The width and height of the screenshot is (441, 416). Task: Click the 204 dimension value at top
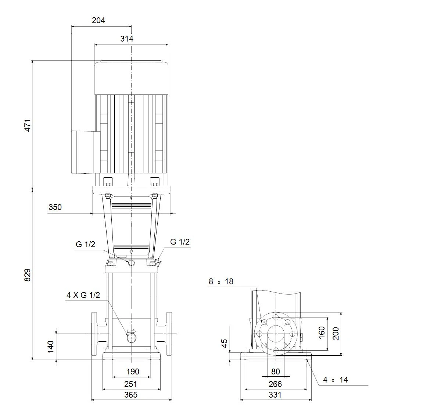pos(98,21)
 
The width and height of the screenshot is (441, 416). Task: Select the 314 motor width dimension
pos(127,39)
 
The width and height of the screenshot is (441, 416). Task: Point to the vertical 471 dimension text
pos(28,125)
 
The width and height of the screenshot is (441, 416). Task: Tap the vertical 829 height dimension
pos(28,275)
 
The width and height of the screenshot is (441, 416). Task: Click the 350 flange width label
pos(55,207)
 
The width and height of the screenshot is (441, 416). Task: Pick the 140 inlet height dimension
pos(51,346)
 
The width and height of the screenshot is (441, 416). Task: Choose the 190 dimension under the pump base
pos(133,371)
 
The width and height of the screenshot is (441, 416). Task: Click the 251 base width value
pos(131,384)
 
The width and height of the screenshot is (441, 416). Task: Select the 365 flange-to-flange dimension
pos(131,395)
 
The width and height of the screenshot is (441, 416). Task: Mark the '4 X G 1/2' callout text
pos(83,295)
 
